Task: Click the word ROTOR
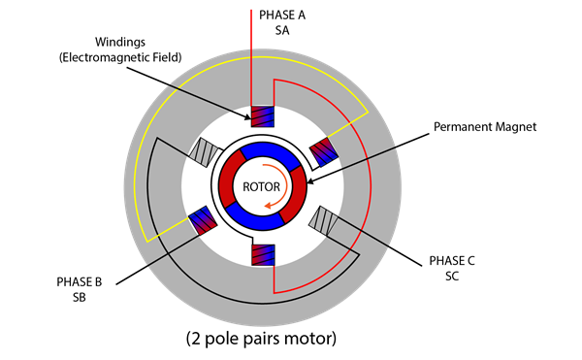[262, 187]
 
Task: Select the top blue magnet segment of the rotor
[263, 151]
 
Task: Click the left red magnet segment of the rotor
[229, 186]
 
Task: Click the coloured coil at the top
[263, 116]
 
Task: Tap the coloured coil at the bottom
[263, 255]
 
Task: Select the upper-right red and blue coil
[322, 150]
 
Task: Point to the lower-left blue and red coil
[203, 221]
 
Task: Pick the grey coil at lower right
[322, 221]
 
